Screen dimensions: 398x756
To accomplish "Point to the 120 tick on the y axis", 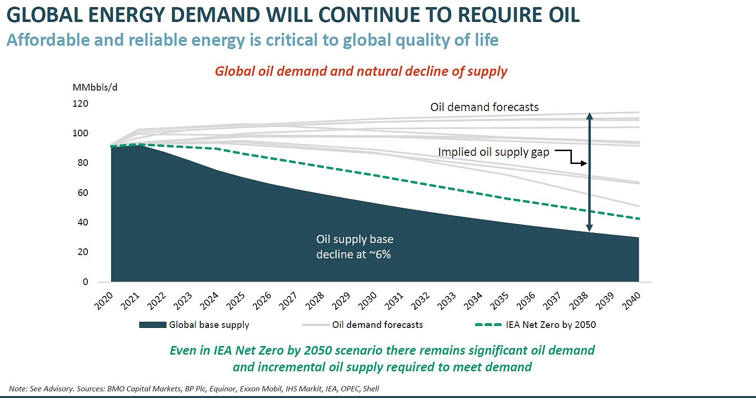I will point(80,103).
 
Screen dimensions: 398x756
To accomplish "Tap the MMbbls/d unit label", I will point(95,88).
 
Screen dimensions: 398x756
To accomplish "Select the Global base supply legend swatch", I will point(153,325).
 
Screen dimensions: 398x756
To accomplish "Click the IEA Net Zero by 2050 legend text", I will point(551,325).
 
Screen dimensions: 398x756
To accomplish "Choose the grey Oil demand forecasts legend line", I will point(316,325).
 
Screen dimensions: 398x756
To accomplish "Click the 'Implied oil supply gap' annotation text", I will point(494,152).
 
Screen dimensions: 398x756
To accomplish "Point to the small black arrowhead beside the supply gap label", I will point(584,163).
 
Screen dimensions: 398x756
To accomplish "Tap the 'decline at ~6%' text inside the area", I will point(353,255).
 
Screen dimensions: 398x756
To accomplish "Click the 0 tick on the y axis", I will point(85,282).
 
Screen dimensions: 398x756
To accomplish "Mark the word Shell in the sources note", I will point(371,388).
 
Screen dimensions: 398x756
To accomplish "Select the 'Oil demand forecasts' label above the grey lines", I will point(484,107).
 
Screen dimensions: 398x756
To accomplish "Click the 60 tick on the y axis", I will point(83,193).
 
